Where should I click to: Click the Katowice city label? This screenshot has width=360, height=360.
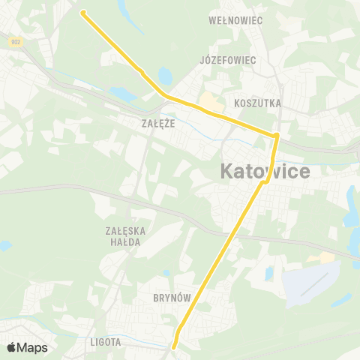[x=265, y=171]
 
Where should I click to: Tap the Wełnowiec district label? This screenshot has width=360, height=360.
[x=235, y=20]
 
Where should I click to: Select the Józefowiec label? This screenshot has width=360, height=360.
[x=229, y=59]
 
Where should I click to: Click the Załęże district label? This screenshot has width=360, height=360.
[x=158, y=125]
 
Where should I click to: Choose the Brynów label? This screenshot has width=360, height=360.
[x=172, y=298]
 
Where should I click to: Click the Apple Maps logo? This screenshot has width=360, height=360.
[x=27, y=347]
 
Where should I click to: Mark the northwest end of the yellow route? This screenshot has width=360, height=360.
[x=82, y=12]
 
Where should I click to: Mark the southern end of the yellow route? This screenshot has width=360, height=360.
[x=174, y=346]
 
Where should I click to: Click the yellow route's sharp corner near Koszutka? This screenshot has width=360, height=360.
[x=277, y=135]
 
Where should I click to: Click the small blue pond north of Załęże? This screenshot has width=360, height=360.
[x=164, y=76]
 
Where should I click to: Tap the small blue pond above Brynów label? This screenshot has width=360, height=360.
[x=166, y=273]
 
